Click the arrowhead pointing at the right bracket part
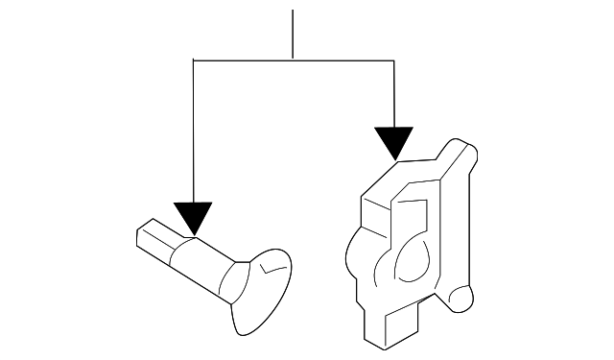(x=393, y=142)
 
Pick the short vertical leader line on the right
(x=393, y=91)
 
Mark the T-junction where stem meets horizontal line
(x=292, y=60)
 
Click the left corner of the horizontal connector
(x=194, y=60)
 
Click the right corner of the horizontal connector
(x=393, y=60)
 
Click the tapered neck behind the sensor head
(x=233, y=279)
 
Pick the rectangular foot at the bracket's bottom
(x=389, y=332)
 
